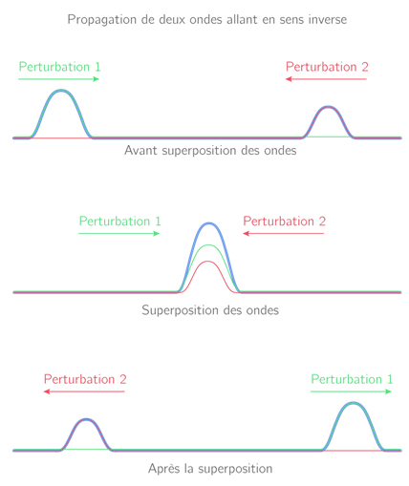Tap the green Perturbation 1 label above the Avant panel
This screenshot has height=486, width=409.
point(59,67)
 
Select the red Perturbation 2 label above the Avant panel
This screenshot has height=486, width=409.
point(327,67)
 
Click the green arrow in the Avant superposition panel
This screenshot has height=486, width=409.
point(59,79)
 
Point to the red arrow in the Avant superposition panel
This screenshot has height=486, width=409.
point(326,79)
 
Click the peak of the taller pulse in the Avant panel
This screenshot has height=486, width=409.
point(61,91)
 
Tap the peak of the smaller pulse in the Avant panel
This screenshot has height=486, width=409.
point(329,107)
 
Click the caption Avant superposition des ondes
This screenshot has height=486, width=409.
point(210,151)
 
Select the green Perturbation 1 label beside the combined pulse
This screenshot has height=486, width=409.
point(119,222)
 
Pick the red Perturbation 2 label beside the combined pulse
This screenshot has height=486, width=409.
point(285,222)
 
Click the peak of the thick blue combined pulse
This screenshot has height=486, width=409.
point(208,223)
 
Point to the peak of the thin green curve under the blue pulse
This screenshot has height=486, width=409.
point(208,245)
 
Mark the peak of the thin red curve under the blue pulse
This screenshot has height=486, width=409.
point(208,262)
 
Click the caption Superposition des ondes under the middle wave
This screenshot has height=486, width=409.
point(210,310)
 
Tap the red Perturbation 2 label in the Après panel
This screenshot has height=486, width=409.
point(85,379)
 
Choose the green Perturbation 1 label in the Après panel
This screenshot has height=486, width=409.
point(352,379)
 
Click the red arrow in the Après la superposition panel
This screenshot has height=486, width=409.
point(84,391)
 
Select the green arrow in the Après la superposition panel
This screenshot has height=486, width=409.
point(351,391)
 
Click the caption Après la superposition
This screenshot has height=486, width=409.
point(210,469)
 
